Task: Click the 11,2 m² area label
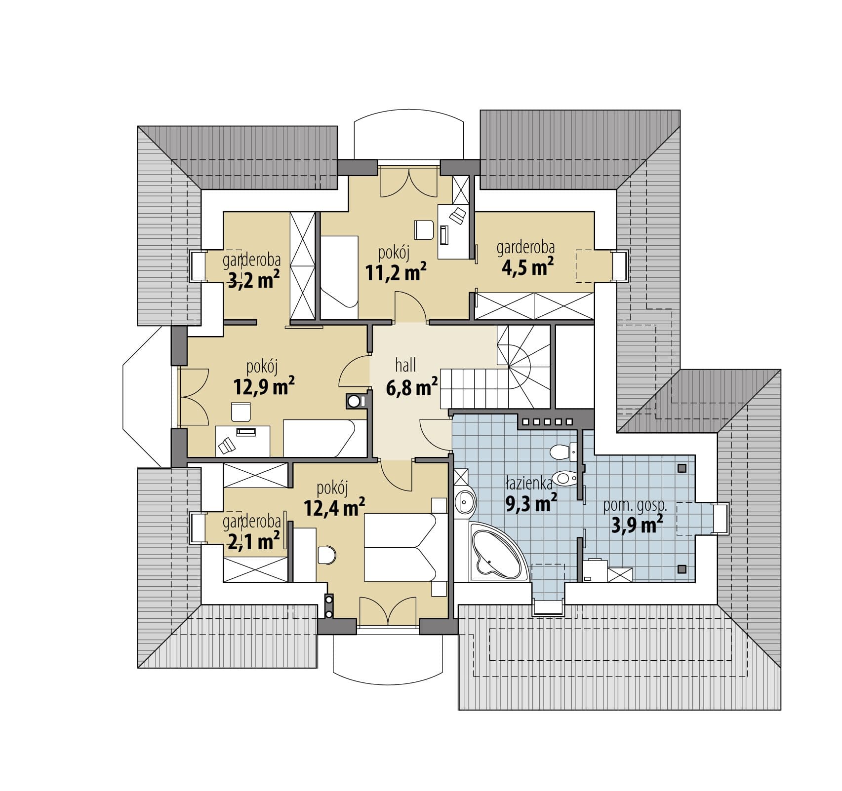[x=396, y=272]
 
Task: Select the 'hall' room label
[x=405, y=365]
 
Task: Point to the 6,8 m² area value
[x=412, y=387]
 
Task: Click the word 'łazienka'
[x=528, y=483]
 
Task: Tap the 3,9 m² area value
[x=637, y=525]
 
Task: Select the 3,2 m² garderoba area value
[x=254, y=280]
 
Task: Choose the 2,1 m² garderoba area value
[x=254, y=541]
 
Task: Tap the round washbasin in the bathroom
[x=466, y=503]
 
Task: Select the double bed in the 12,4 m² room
[x=401, y=547]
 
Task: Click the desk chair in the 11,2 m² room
[x=424, y=229]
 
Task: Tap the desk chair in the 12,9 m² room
[x=241, y=411]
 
